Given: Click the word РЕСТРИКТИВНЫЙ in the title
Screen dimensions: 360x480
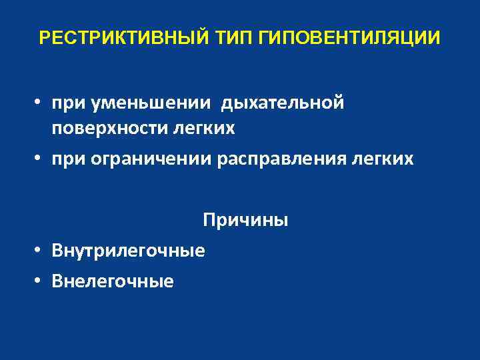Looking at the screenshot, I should click(125, 37).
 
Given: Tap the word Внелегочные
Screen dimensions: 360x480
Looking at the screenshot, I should click(114, 281).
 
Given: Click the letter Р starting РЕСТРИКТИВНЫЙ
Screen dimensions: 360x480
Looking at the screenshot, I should click(44, 37).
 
